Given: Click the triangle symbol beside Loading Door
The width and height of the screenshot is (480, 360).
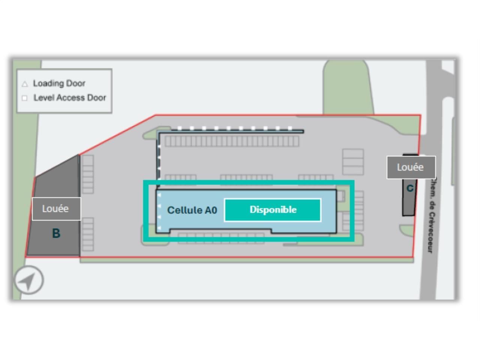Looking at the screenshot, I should [25, 84].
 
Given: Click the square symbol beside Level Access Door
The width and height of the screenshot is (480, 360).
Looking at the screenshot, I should [25, 98].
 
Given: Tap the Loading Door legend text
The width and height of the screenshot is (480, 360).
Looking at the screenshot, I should [59, 83].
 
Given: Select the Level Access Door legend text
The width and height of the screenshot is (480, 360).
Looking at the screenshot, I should [70, 98].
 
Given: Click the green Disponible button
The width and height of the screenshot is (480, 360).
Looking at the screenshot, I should [273, 210].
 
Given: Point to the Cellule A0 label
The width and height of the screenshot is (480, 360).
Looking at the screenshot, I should [192, 210].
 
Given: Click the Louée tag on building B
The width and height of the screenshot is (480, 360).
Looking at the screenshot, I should [56, 208].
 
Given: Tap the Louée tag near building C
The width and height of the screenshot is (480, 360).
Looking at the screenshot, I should [411, 167].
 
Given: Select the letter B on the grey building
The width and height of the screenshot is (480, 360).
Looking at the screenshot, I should [56, 234].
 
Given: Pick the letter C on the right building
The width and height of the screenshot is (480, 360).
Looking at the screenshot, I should [410, 188].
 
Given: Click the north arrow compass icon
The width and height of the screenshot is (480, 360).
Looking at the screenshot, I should [28, 280].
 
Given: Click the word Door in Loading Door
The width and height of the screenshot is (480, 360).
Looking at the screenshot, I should [76, 83].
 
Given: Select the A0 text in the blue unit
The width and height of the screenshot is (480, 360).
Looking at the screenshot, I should [210, 210].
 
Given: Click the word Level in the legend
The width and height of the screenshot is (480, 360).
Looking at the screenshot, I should [42, 98].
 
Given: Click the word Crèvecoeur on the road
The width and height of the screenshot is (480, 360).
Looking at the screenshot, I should [432, 232].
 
